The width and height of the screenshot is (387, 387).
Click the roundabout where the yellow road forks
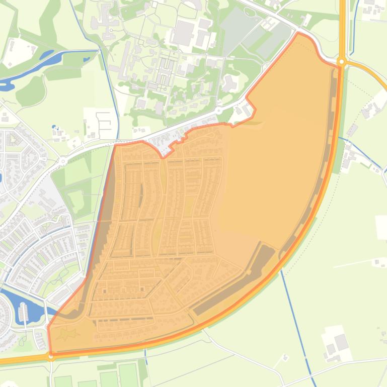tap(342, 62)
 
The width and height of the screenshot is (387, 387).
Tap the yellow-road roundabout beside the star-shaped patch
tap(51, 356)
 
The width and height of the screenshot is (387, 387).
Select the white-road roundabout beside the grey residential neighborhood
tap(62, 161)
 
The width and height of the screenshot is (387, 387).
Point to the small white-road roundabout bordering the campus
tap(218, 110)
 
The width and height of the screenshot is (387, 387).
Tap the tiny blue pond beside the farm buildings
tap(53, 127)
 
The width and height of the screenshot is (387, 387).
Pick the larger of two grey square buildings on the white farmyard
tap(341, 342)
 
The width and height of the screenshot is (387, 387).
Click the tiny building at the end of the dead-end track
tap(377, 262)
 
